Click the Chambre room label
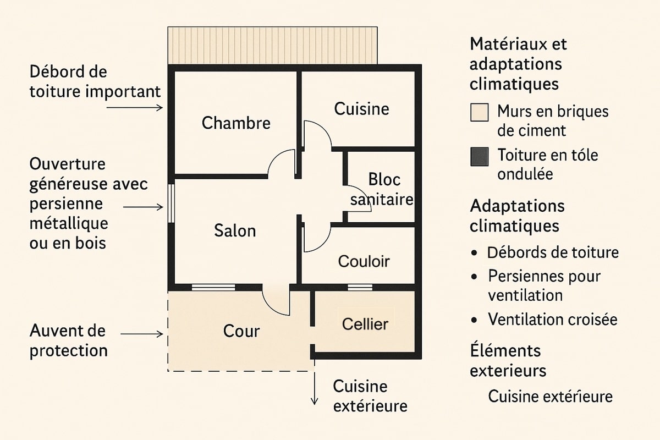(236, 123)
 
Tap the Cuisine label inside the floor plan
(361, 109)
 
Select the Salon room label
(235, 230)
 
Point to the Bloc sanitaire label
(382, 190)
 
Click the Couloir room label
(364, 261)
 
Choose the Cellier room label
(365, 324)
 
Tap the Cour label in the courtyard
(241, 331)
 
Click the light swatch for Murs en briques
(480, 112)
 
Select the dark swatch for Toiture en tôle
(480, 157)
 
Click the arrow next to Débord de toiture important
(135, 108)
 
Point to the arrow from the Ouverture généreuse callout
(143, 207)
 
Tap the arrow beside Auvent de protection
(142, 334)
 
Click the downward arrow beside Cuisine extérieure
(315, 388)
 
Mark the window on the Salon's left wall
(171, 204)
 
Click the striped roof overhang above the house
(273, 46)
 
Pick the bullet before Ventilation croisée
(474, 320)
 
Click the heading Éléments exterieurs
(508, 360)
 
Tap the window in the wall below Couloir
(360, 287)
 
